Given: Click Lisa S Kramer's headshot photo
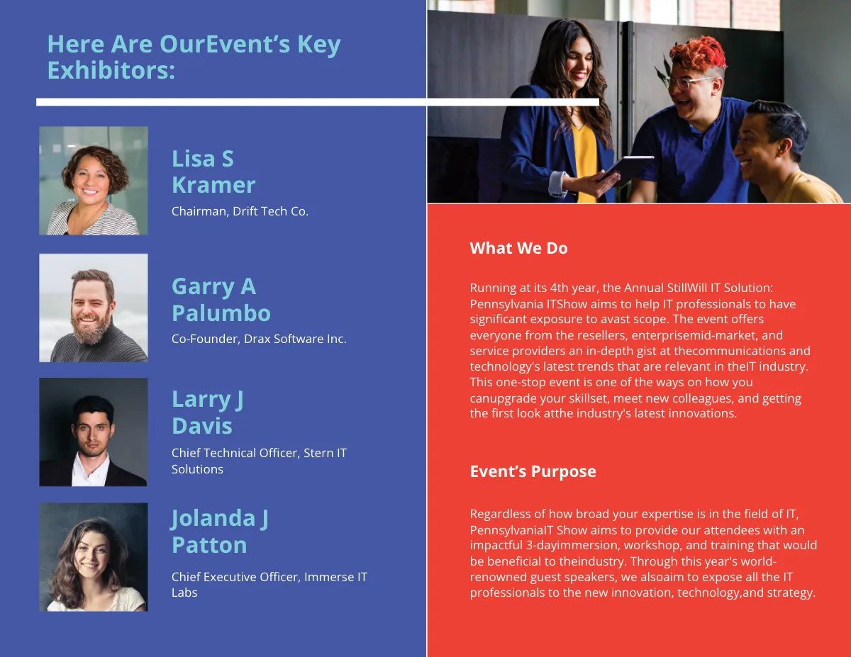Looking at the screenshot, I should pyautogui.click(x=94, y=181).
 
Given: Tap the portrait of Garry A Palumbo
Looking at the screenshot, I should pyautogui.click(x=94, y=308).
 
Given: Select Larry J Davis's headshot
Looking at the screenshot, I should pyautogui.click(x=94, y=432).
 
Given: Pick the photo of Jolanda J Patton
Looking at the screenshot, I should pyautogui.click(x=94, y=557).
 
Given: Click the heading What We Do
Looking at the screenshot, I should pyautogui.click(x=518, y=248).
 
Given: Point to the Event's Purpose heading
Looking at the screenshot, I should pyautogui.click(x=533, y=472).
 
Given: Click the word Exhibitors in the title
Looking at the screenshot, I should pyautogui.click(x=111, y=70).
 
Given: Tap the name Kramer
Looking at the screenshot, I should pyautogui.click(x=213, y=185).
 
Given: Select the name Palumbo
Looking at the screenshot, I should pyautogui.click(x=221, y=313).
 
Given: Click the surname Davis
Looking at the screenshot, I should pyautogui.click(x=201, y=426).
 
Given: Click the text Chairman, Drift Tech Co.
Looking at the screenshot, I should pyautogui.click(x=240, y=211).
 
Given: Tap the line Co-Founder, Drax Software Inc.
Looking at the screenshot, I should pyautogui.click(x=259, y=339).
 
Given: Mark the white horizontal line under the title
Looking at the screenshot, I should pyautogui.click(x=317, y=102).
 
